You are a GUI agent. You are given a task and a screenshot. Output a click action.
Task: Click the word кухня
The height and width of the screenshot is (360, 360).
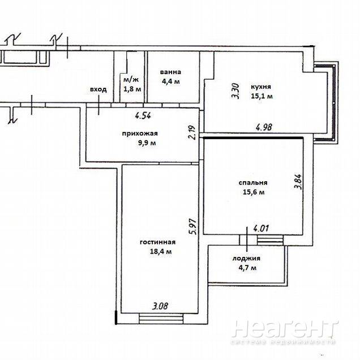(261, 87)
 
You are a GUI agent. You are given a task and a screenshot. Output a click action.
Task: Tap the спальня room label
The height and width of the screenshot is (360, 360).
(253, 183)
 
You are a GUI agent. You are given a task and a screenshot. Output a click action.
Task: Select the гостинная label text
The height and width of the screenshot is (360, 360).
(158, 242)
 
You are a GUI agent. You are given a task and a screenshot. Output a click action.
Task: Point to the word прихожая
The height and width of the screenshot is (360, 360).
(140, 134)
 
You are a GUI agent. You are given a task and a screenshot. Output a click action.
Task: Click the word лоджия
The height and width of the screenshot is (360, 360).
(246, 259)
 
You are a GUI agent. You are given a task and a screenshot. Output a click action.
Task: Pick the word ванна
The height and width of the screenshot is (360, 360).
(170, 72)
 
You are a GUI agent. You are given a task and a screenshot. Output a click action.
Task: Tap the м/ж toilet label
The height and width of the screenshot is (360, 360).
(131, 80)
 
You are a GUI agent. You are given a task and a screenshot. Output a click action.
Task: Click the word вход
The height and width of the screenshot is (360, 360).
(98, 89)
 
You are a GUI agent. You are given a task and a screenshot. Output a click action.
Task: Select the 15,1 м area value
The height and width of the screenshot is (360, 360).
(262, 96)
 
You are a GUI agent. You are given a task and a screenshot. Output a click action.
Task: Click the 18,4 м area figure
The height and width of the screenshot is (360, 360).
(161, 251)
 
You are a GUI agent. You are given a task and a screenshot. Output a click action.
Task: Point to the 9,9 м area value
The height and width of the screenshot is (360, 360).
(147, 143)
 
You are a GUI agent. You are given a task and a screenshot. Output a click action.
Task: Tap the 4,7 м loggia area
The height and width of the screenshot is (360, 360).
(247, 268)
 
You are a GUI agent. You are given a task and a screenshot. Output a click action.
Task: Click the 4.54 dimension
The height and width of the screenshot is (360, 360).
(143, 115)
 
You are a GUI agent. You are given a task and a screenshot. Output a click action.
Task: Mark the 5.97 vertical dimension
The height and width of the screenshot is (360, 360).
(192, 226)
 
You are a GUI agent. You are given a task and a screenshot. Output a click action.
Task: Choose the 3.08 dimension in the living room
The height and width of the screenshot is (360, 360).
(160, 306)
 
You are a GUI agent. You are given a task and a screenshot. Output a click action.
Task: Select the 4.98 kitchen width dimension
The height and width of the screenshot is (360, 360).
(264, 127)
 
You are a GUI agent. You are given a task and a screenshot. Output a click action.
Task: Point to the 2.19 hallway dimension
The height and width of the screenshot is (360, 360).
(191, 132)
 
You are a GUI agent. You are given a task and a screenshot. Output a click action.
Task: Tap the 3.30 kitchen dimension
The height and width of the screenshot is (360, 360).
(236, 91)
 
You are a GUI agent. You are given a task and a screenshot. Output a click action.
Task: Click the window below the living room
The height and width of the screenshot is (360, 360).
(161, 319)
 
